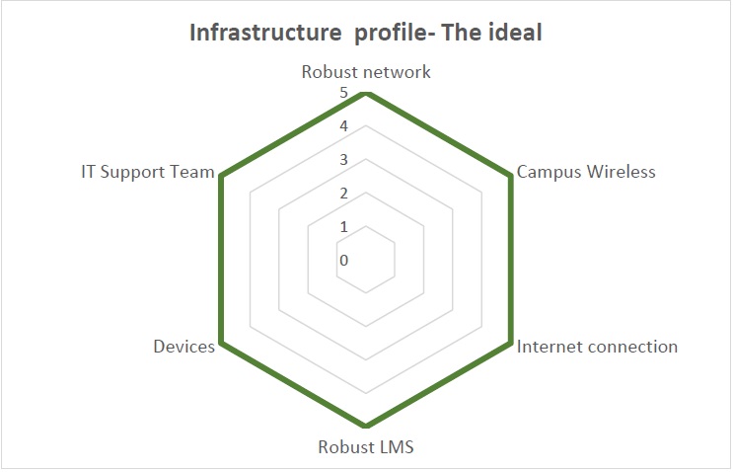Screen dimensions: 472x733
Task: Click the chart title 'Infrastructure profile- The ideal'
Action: pos(366,33)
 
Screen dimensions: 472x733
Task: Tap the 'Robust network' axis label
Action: pos(366,72)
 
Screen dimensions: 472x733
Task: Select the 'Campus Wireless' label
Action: pos(586,172)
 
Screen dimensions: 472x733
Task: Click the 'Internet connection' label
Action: pos(597,347)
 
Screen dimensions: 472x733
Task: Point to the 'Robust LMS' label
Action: pos(366,446)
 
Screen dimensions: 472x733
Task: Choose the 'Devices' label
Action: pos(183,347)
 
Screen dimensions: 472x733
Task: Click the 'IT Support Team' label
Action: pos(148,172)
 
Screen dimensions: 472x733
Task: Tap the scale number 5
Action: pos(343,93)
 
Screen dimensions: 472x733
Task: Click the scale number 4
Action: pos(343,126)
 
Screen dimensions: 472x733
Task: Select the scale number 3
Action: pos(343,160)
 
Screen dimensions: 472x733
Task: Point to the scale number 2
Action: pos(343,194)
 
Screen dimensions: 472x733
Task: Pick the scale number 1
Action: pos(343,227)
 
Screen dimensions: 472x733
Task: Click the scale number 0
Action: pos(343,261)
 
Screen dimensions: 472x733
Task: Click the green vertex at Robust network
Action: pos(366,94)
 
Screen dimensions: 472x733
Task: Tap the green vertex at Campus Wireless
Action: pos(511,178)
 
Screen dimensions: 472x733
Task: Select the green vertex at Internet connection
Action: pos(511,345)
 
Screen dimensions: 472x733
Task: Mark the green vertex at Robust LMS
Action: pos(366,428)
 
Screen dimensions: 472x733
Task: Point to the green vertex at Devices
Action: pos(221,345)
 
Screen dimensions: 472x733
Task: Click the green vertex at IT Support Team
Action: pos(221,178)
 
